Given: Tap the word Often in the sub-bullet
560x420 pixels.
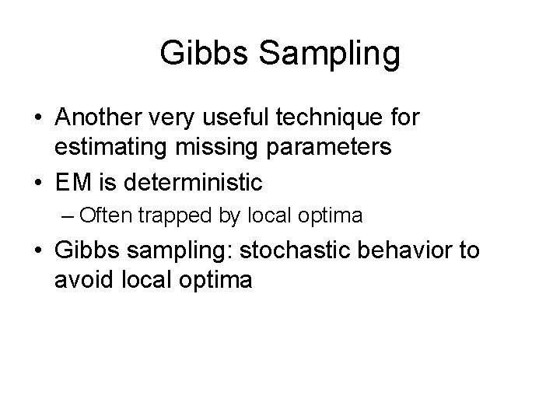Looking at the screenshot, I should [103, 215].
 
